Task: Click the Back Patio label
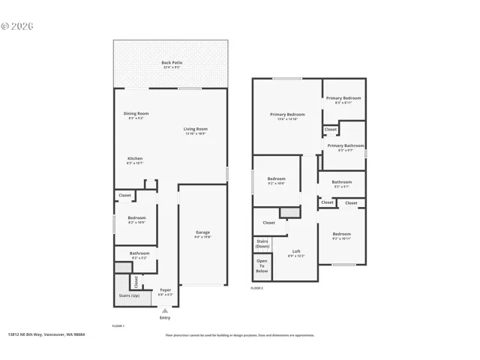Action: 172,64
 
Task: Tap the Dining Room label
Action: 136,115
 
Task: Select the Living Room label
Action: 196,130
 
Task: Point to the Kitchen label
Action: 135,160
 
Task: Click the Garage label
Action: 202,234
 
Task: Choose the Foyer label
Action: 165,292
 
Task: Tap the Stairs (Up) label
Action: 129,295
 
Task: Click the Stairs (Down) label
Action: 262,244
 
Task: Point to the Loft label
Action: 295,253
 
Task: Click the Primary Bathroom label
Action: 345,148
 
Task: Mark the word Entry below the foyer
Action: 165,317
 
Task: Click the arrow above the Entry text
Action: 165,310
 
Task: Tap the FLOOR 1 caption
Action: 118,326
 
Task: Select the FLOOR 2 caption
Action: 257,288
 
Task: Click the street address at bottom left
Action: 46,335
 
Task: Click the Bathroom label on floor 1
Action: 139,255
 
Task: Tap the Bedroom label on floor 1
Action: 136,220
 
